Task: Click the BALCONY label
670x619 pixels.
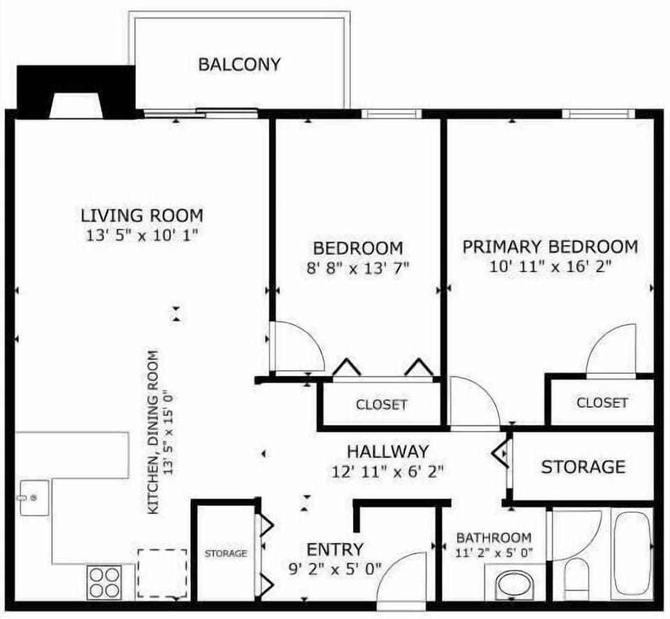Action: pos(239,65)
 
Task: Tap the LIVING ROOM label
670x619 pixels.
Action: pos(142,215)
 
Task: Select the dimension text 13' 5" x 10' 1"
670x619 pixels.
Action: pos(142,236)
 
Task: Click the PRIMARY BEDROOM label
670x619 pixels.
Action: pos(550,247)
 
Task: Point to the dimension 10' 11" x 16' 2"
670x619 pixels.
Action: pos(550,267)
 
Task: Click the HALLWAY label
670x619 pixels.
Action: pos(388,452)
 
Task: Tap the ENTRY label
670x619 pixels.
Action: pos(335,549)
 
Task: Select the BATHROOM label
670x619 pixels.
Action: pos(493,538)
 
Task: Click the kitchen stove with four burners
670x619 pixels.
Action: pos(103,582)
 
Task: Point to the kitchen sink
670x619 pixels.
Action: pos(32,497)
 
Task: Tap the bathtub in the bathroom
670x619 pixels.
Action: pos(632,555)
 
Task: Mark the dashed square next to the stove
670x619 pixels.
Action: pos(162,573)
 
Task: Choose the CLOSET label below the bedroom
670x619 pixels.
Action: pos(381,405)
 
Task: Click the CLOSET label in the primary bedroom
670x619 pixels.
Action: pos(602,402)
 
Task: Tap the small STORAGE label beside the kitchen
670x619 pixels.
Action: pos(225,553)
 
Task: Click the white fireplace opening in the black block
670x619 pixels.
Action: pos(76,106)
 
